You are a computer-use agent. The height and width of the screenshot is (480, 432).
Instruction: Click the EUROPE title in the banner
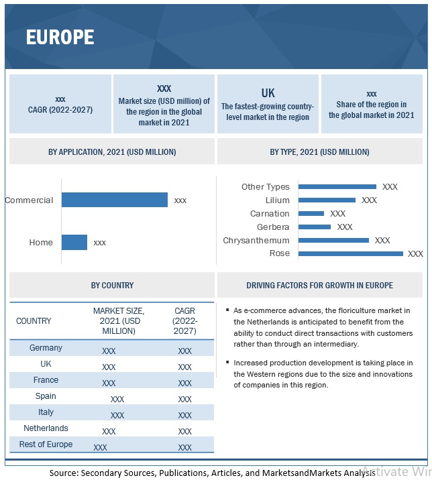coord(60,37)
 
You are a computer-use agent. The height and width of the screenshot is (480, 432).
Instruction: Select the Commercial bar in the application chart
coord(114,200)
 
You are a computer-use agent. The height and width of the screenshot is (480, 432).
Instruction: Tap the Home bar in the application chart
coord(74,242)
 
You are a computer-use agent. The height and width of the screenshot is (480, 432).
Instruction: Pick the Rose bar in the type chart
coord(350,253)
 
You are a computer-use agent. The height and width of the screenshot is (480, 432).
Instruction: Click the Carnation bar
coord(311,213)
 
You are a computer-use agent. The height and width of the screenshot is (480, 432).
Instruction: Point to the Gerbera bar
coord(315,227)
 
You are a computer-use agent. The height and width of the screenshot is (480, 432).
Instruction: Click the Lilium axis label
coord(277,200)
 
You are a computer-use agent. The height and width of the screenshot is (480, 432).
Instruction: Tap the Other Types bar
coord(337,186)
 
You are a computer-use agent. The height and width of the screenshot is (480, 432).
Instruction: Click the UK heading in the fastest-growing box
coord(268,93)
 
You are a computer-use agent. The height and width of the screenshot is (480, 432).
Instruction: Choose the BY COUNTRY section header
coord(112,285)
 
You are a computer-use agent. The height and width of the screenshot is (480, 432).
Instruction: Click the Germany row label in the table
coord(46,348)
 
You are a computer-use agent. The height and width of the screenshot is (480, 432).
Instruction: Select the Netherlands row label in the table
coord(46,428)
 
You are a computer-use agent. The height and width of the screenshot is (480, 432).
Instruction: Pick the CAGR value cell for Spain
coord(184,399)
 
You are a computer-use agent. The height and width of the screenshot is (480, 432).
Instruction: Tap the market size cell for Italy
coord(117,415)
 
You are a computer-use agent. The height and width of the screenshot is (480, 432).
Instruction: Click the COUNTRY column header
coord(34,321)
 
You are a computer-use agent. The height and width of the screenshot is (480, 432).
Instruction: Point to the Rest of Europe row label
coord(46,444)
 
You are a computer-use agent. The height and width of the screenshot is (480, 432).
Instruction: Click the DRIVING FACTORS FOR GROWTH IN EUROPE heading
coord(319,285)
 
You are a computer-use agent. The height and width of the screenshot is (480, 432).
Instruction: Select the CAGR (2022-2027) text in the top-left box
coord(60,109)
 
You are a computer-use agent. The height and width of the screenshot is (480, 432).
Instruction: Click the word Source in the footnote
coord(63,473)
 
